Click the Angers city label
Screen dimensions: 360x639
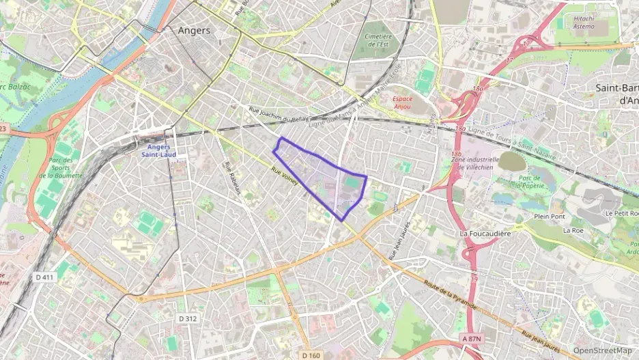194,31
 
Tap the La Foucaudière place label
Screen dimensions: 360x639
485,234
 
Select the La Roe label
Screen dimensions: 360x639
572,231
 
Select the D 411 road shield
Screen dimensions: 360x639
45,277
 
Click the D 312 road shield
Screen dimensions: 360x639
188,318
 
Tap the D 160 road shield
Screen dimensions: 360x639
311,355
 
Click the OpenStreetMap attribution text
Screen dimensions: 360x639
603,350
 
